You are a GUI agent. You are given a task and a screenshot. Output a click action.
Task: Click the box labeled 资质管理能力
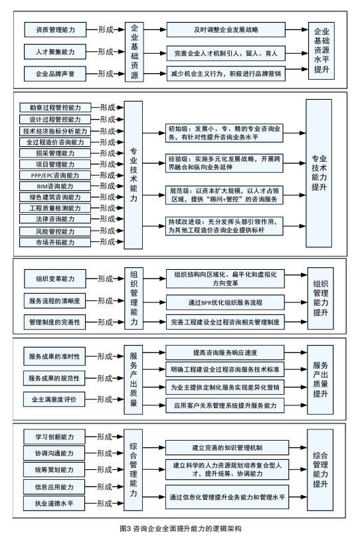click(55, 30)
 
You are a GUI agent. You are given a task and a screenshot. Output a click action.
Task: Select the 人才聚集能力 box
click(55, 52)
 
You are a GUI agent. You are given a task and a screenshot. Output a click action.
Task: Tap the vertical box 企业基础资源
click(134, 52)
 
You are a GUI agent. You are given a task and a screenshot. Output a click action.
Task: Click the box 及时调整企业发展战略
click(226, 30)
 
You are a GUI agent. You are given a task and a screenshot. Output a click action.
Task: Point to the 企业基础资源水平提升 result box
click(321, 51)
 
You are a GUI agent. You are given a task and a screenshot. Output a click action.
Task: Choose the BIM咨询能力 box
click(55, 186)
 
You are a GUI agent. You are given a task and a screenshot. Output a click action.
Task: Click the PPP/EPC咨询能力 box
click(55, 175)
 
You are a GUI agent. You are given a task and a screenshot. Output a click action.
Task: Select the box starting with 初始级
click(224, 133)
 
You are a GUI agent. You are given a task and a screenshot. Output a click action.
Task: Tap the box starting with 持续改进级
click(224, 226)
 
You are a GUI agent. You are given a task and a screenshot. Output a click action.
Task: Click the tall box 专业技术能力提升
click(319, 173)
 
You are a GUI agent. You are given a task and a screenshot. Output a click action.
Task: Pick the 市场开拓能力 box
click(55, 242)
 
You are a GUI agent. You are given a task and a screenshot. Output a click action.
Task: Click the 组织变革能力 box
click(55, 278)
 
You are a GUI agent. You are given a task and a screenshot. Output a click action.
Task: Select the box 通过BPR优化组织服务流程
click(226, 302)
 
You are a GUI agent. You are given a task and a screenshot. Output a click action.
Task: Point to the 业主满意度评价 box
click(54, 399)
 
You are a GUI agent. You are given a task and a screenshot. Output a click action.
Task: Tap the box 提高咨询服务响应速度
click(225, 353)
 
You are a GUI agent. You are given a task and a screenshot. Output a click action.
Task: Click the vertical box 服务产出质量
click(134, 379)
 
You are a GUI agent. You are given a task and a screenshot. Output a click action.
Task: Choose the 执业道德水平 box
click(54, 503)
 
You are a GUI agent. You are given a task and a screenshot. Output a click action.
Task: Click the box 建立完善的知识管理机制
click(227, 448)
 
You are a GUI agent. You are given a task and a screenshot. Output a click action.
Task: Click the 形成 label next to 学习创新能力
click(105, 437)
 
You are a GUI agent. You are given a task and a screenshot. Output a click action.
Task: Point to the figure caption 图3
click(124, 528)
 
